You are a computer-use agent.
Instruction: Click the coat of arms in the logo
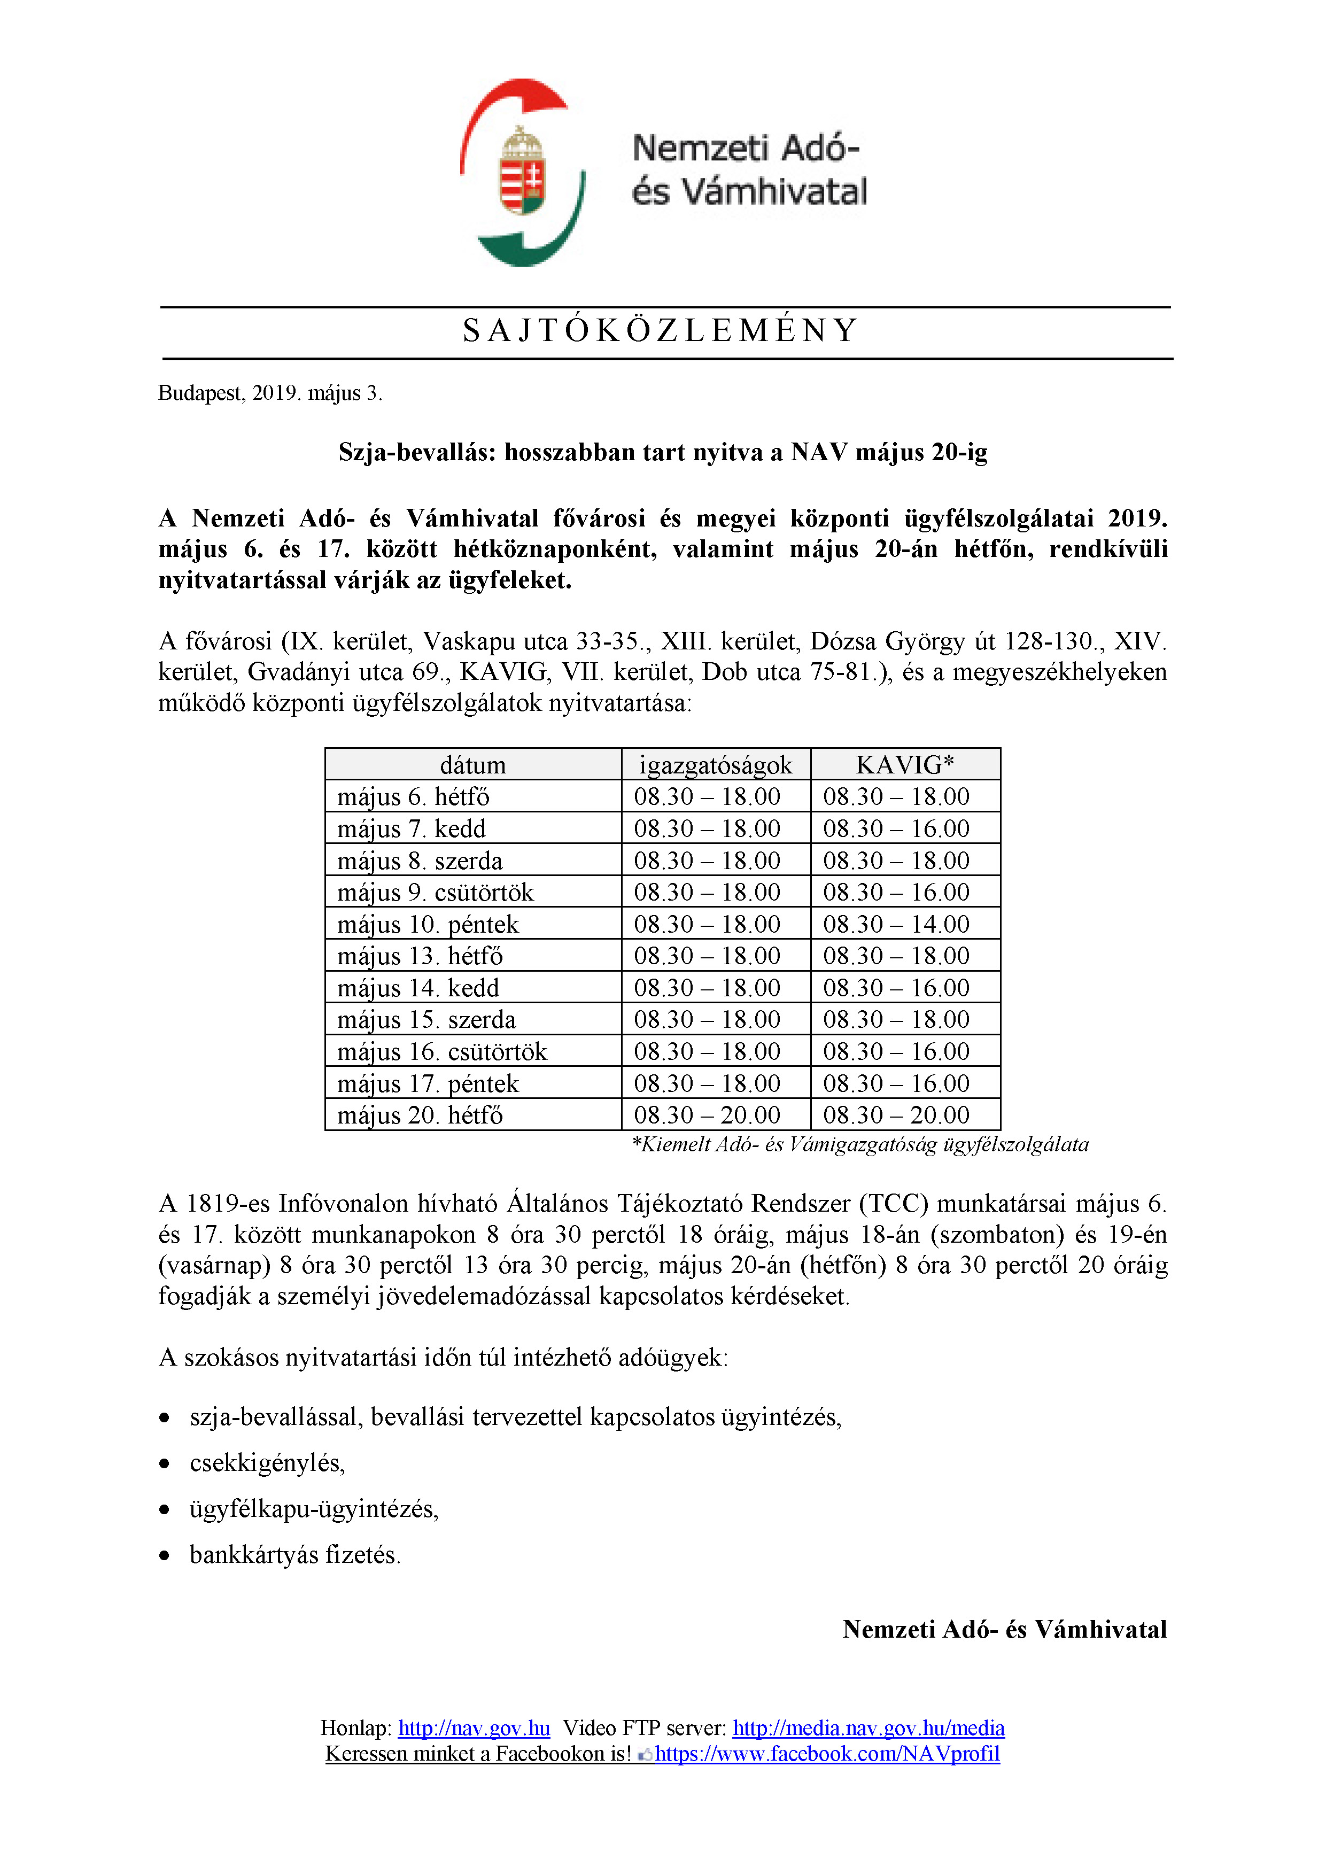[x=523, y=171]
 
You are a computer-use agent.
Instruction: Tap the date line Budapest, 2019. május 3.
[x=269, y=393]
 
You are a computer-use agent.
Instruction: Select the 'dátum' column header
[x=473, y=765]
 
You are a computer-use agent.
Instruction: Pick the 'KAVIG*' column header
[x=905, y=765]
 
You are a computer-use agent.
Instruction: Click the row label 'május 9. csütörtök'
[x=435, y=893]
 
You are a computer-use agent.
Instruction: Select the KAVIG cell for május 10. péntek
[x=896, y=925]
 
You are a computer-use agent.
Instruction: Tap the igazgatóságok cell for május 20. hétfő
[x=707, y=1115]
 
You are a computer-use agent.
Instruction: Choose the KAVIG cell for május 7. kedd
[x=896, y=829]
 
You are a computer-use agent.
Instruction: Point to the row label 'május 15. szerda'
[x=426, y=1020]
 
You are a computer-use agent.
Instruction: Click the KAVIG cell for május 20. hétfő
[x=896, y=1115]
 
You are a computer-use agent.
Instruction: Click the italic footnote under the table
[x=860, y=1145]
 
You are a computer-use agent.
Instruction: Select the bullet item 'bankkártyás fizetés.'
[x=295, y=1554]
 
